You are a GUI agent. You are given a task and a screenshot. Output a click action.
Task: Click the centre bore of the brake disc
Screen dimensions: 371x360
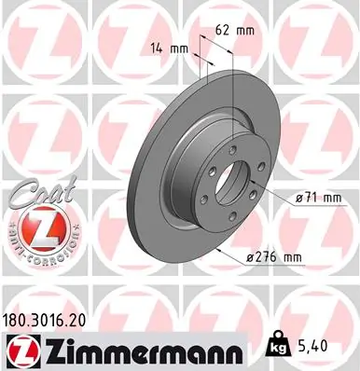[233, 185]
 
